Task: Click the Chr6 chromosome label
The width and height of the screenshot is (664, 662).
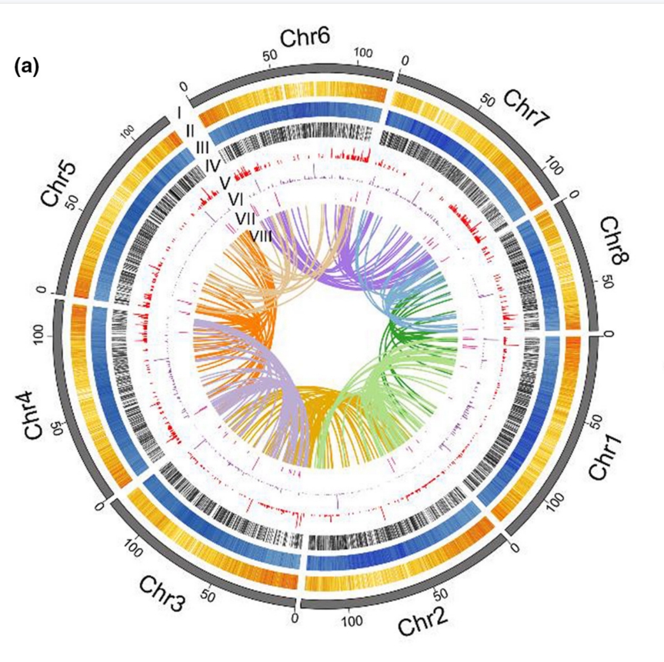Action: (x=306, y=38)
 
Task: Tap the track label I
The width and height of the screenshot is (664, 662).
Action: (x=178, y=112)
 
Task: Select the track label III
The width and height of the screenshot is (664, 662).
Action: (x=202, y=146)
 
